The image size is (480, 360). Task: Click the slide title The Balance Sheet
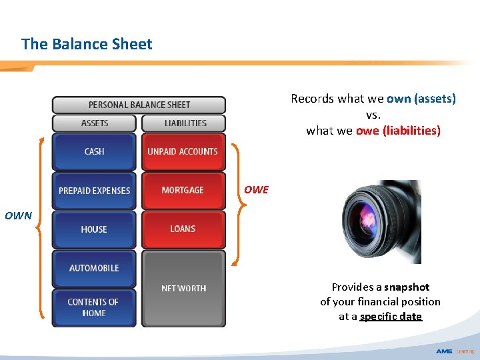click(x=87, y=44)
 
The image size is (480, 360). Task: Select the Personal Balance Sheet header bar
click(x=139, y=105)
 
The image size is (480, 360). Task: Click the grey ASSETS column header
click(x=95, y=123)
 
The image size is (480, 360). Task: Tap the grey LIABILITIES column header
click(x=185, y=123)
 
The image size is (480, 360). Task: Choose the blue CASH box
click(x=95, y=151)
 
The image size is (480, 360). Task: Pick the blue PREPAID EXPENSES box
click(x=95, y=191)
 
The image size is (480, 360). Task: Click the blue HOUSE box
click(x=95, y=229)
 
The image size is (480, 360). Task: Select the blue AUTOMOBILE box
click(x=95, y=268)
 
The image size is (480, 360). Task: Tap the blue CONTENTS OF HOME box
click(x=95, y=307)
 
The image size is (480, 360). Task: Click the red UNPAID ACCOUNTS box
click(x=183, y=151)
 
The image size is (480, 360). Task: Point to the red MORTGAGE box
click(x=183, y=191)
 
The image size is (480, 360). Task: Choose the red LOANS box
click(x=183, y=229)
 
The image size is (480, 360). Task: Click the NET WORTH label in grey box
click(x=183, y=289)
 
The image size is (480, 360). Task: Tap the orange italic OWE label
click(x=256, y=190)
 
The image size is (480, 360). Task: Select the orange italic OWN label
click(x=18, y=216)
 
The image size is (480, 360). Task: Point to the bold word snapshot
click(x=406, y=287)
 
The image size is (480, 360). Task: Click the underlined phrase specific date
click(x=391, y=317)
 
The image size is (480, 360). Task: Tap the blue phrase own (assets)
click(x=421, y=99)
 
